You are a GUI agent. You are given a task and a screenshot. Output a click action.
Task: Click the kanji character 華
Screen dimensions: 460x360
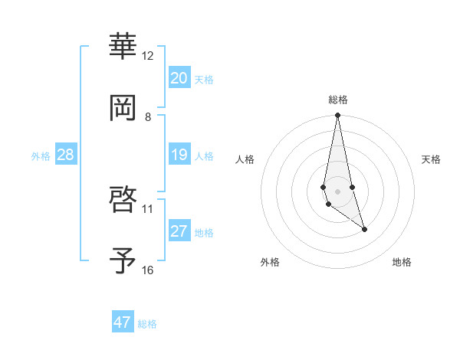click(x=123, y=47)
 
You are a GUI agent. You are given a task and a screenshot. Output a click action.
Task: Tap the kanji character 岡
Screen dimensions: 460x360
click(x=123, y=108)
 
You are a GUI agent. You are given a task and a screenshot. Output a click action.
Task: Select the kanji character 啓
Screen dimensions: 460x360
click(x=123, y=200)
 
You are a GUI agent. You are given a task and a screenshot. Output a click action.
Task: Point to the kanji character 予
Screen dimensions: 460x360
click(x=123, y=261)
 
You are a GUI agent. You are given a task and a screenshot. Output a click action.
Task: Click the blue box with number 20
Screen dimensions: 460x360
click(x=179, y=78)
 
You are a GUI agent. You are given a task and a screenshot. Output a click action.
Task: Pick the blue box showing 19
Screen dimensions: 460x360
click(x=179, y=155)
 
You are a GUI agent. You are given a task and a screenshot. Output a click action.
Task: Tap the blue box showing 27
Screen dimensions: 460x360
click(x=179, y=231)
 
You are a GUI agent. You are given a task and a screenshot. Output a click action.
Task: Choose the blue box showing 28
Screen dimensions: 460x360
click(x=66, y=155)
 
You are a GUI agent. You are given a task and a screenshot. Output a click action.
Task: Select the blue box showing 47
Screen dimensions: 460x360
click(x=123, y=322)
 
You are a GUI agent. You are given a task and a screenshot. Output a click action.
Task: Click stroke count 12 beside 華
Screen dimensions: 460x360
click(x=148, y=55)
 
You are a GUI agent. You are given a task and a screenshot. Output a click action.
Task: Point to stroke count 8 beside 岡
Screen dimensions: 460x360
click(x=148, y=116)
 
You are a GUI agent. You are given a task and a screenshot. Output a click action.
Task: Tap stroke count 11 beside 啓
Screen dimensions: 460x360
click(x=148, y=208)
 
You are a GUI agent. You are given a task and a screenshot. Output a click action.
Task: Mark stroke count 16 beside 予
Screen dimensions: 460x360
click(x=148, y=270)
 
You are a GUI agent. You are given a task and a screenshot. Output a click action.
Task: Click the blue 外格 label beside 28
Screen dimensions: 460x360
click(x=41, y=156)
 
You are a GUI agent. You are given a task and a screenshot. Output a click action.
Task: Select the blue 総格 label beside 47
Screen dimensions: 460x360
click(x=147, y=324)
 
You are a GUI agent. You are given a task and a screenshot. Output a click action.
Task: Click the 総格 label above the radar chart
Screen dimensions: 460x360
click(x=338, y=100)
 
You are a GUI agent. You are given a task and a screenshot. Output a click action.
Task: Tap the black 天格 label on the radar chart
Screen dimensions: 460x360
click(x=432, y=159)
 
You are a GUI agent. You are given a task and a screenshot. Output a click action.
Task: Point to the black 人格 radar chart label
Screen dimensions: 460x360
click(x=245, y=159)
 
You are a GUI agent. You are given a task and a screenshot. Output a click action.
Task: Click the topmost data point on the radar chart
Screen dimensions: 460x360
click(x=337, y=116)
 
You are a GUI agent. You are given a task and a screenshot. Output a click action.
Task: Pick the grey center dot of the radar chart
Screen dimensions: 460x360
click(x=337, y=191)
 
